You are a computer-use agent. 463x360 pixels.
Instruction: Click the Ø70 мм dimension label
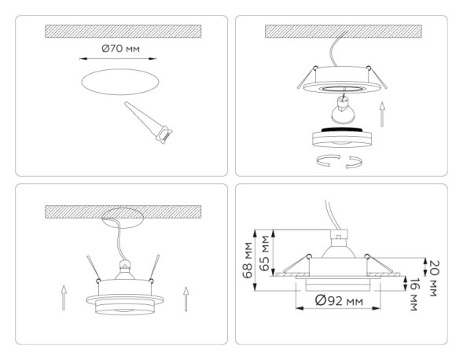121,49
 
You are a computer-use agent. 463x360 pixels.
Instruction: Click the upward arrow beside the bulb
383,114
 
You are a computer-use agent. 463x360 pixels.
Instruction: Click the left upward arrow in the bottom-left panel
61,299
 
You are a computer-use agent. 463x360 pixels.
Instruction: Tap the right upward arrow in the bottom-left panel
186,299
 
